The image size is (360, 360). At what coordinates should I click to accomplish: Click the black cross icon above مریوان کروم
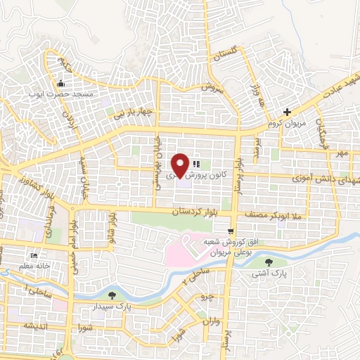(286, 112)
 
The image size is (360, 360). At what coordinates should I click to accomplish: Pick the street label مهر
(342, 153)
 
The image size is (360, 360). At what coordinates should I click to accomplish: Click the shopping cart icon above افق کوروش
(231, 231)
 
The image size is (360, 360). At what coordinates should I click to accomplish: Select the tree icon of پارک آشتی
(268, 262)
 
